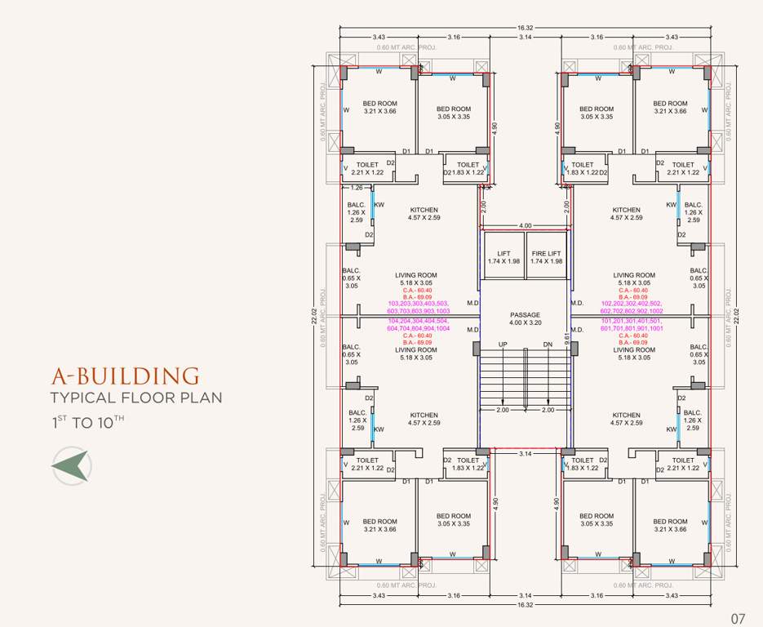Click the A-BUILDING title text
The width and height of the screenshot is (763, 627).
click(125, 376)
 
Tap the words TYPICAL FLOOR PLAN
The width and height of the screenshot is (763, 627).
click(135, 398)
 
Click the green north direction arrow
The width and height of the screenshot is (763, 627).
click(70, 466)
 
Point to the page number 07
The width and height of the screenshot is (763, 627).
click(738, 618)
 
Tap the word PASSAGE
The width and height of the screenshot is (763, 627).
click(525, 314)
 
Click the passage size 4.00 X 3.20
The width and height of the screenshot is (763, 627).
click(525, 322)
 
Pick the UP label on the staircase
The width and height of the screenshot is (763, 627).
click(503, 345)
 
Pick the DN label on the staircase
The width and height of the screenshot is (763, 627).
click(547, 345)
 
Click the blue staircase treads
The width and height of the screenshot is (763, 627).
click(525, 376)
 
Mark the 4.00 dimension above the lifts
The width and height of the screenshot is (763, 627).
click(525, 225)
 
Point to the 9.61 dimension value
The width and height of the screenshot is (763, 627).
click(567, 333)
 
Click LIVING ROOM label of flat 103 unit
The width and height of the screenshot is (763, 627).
click(417, 275)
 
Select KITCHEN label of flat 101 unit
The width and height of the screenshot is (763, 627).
click(627, 415)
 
